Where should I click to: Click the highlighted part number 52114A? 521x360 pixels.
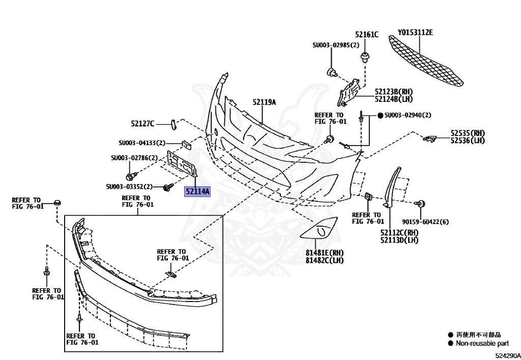(x=197, y=191)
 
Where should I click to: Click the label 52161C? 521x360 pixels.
(x=367, y=35)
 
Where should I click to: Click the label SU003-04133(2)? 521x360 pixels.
(x=142, y=143)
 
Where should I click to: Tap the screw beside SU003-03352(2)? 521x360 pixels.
(x=167, y=188)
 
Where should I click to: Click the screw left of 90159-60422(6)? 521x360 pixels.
(x=421, y=204)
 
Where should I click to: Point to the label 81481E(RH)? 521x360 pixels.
(x=325, y=253)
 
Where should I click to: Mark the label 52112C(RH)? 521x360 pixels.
(x=399, y=233)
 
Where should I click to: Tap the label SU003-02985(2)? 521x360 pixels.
(x=336, y=45)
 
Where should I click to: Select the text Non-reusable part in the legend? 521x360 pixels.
(x=478, y=344)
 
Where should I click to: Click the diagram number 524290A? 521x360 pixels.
(x=506, y=355)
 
